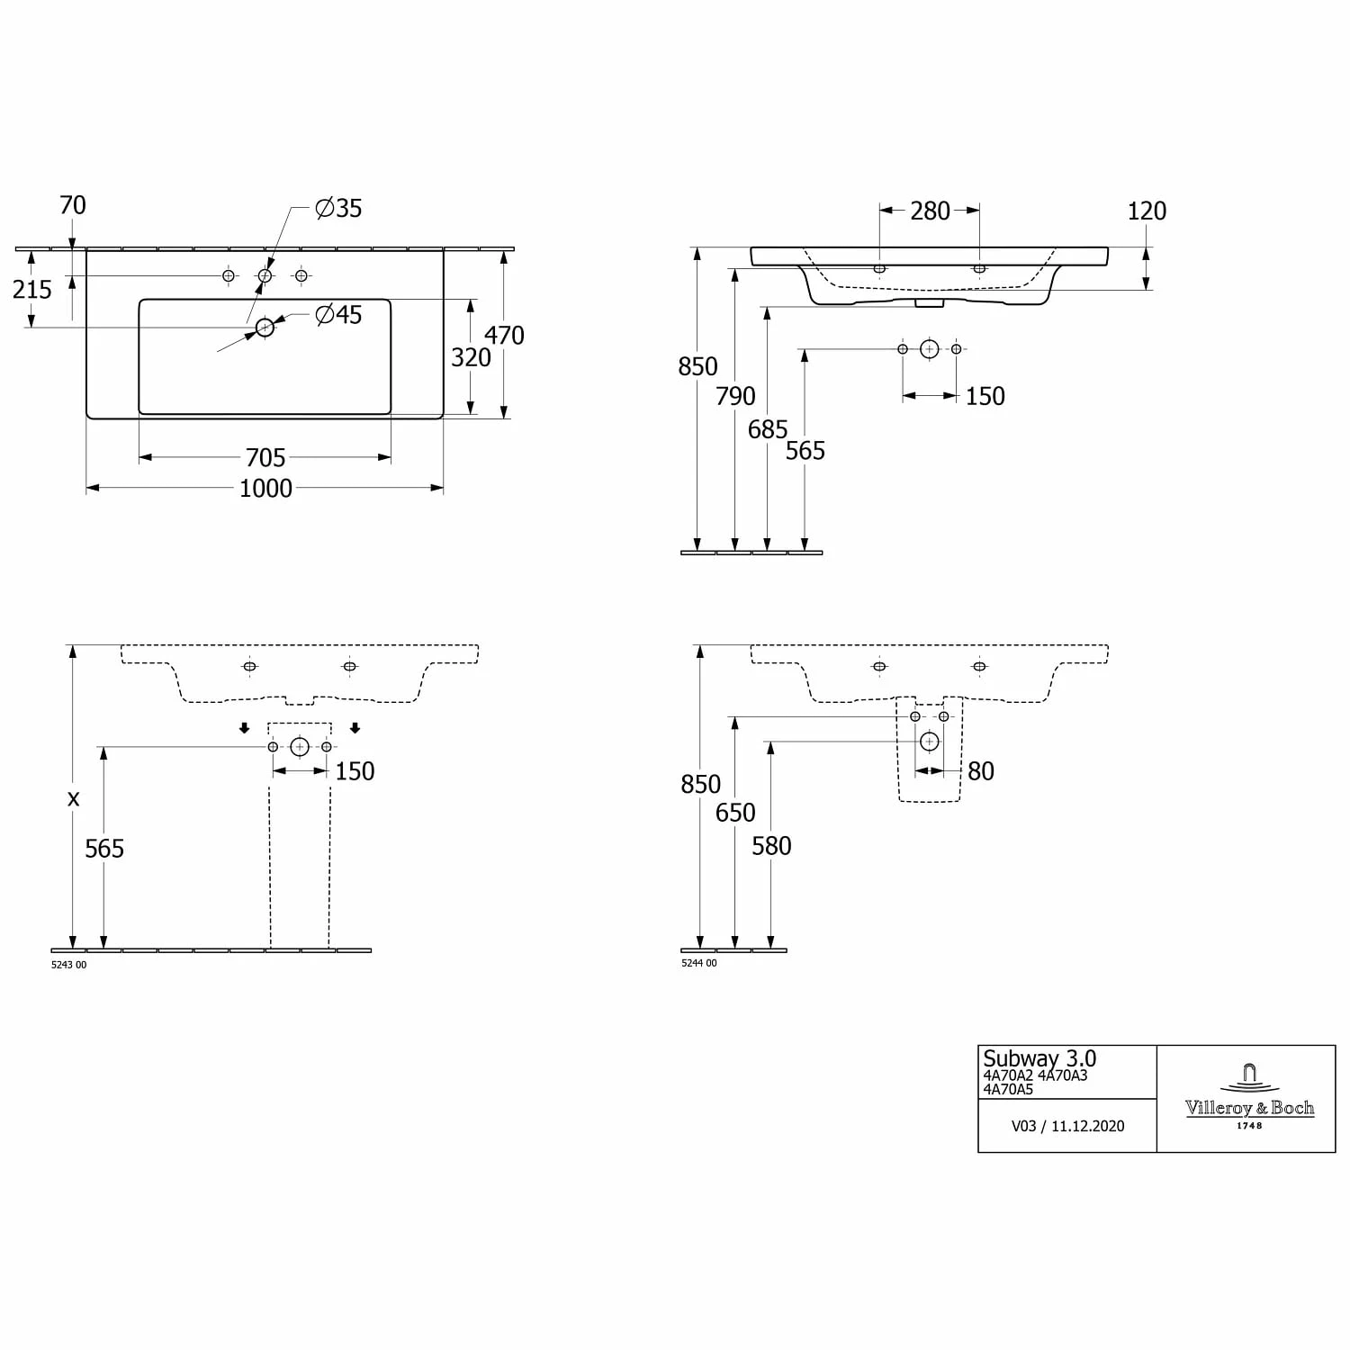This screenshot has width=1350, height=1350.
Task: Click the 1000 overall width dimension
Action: tap(265, 489)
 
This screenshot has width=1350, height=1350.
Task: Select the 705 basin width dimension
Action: tap(265, 458)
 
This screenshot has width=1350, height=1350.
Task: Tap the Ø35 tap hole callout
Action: tap(338, 209)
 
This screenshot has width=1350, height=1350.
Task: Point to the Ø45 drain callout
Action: tap(338, 315)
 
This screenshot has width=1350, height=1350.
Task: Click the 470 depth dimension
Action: tap(504, 336)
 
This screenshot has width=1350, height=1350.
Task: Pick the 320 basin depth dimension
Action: tap(471, 358)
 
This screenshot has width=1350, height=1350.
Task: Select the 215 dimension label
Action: tap(32, 290)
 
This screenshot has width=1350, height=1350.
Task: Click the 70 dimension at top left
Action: tap(73, 206)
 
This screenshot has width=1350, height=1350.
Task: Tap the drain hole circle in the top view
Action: tap(265, 328)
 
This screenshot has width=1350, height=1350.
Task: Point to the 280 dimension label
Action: tap(930, 211)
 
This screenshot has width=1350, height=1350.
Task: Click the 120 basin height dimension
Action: tap(1147, 211)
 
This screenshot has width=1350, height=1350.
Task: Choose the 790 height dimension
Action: tap(735, 397)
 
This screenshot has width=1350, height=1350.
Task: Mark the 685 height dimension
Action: tap(768, 430)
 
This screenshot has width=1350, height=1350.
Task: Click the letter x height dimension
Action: tap(74, 798)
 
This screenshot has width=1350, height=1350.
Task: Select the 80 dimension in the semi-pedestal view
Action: tap(980, 771)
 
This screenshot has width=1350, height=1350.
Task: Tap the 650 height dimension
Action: tap(735, 813)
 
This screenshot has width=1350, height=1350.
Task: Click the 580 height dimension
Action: tap(771, 846)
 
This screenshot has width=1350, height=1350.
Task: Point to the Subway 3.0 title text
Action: tap(1039, 1059)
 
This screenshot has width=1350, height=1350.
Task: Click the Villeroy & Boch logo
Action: tap(1249, 1099)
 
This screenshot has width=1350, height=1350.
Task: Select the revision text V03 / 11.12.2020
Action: tap(1067, 1126)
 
